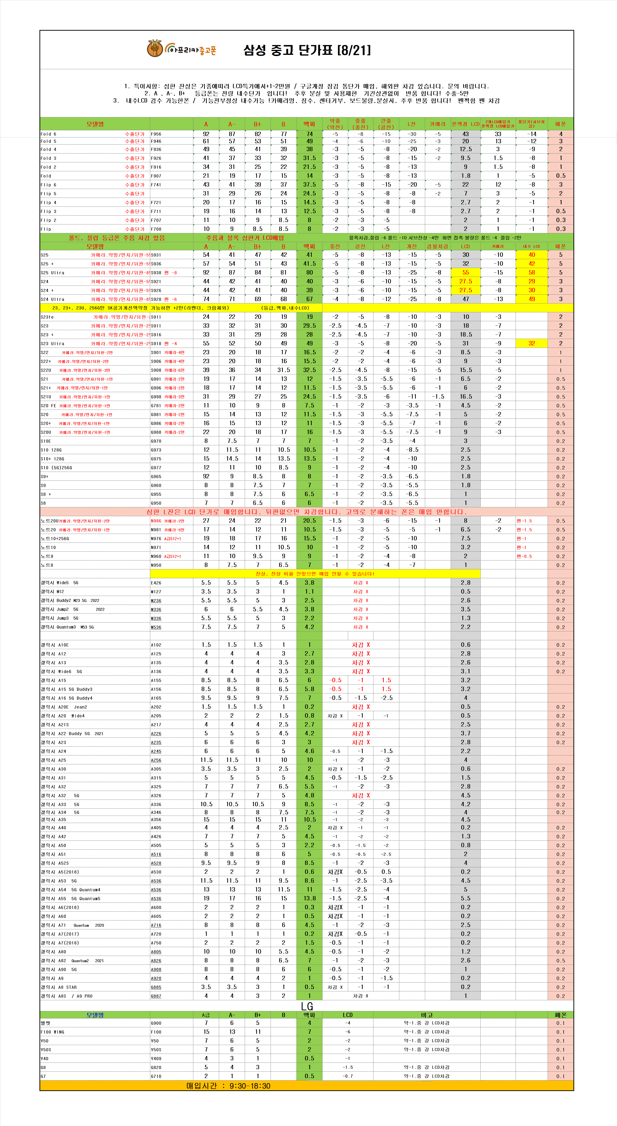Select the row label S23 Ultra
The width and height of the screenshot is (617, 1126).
click(52, 343)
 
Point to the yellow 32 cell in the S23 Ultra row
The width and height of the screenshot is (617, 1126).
click(531, 343)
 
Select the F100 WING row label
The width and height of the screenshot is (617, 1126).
click(52, 1032)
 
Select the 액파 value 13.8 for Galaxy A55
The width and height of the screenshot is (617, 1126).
click(309, 898)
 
